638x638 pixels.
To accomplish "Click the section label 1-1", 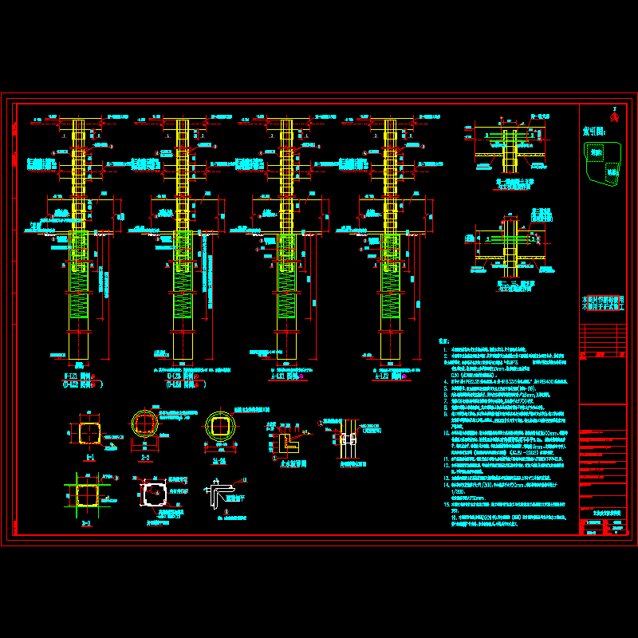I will pyautogui.click(x=89, y=457).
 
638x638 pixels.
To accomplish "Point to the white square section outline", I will pyautogui.click(x=154, y=494).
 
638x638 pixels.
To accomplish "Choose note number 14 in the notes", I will pyautogui.click(x=445, y=484).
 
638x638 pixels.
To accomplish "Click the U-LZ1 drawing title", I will pyautogui.click(x=80, y=374).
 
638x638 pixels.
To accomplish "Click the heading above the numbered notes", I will pyautogui.click(x=443, y=341).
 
